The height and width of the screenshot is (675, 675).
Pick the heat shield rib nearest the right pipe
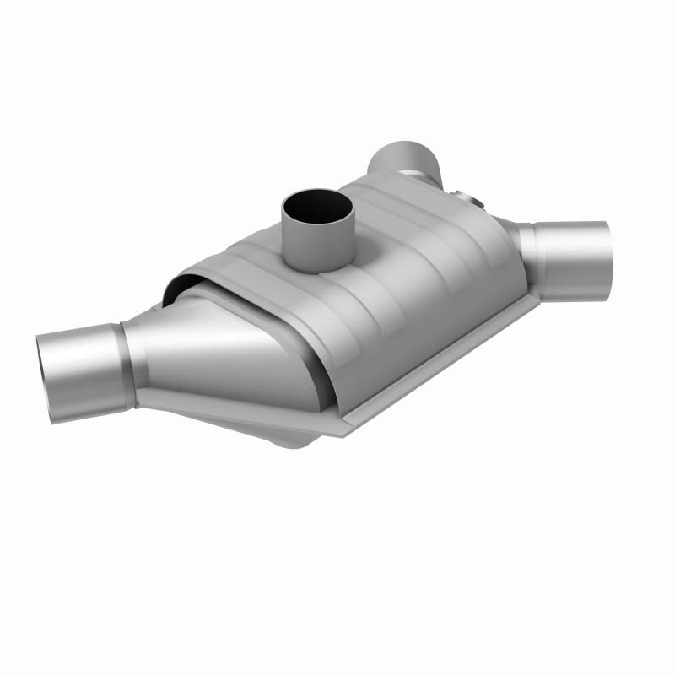pos(481,253)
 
